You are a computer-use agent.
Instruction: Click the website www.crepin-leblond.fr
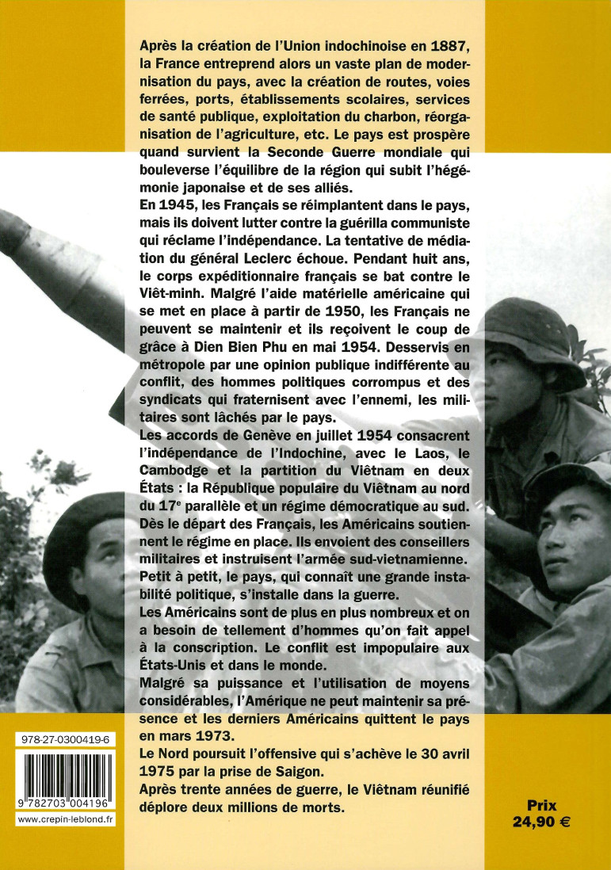(65, 820)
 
